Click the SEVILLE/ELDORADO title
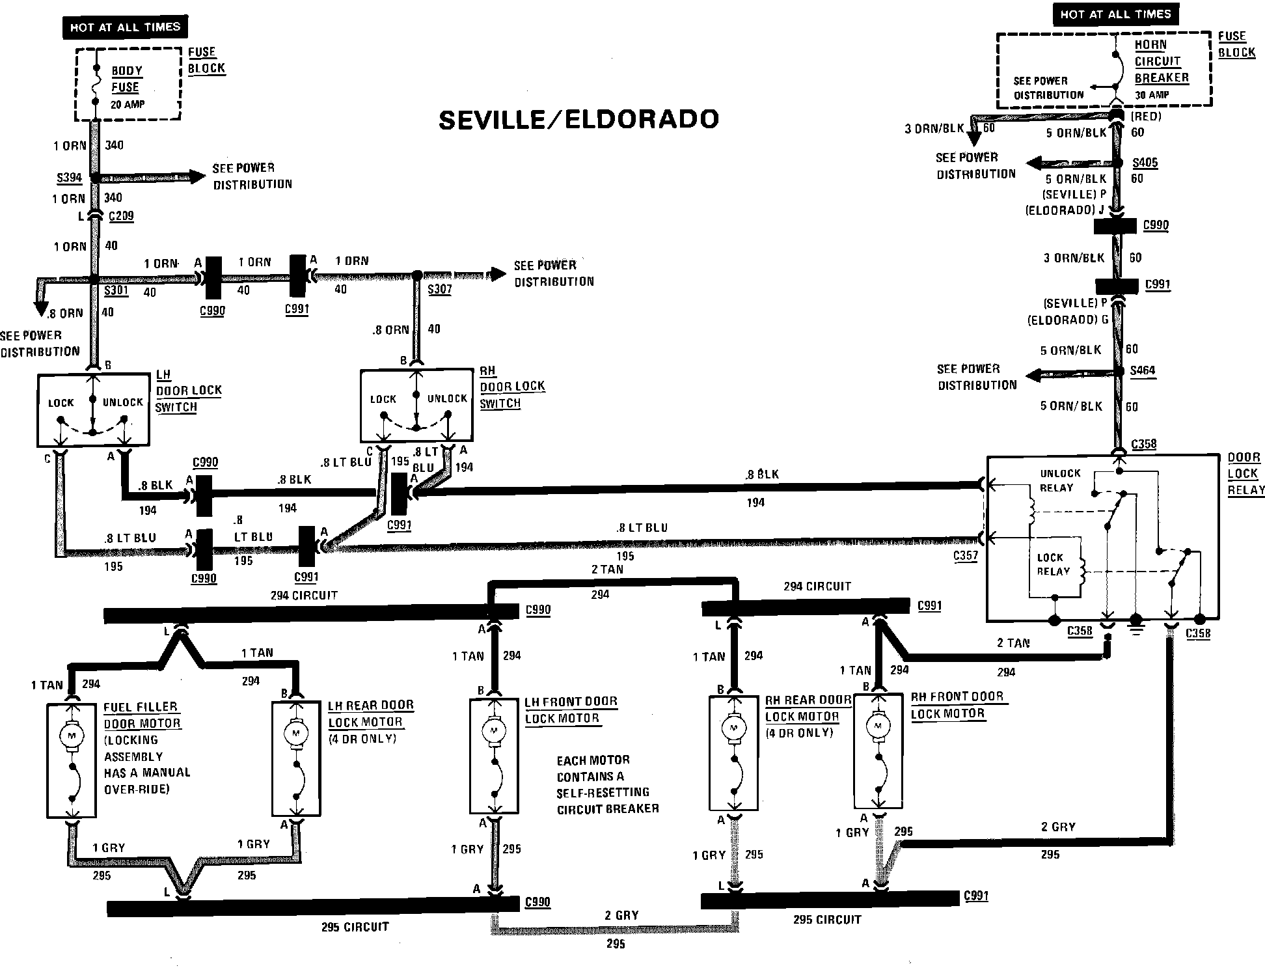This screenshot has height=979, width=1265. pyautogui.click(x=578, y=120)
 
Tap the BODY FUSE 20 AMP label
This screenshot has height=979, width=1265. pyautogui.click(x=127, y=87)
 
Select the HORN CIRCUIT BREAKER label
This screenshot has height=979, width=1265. pyautogui.click(x=1161, y=61)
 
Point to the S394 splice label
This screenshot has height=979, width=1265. pyautogui.click(x=69, y=178)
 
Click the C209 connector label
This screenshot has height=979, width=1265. pyautogui.click(x=121, y=215)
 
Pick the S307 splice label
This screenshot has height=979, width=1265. pyautogui.click(x=439, y=289)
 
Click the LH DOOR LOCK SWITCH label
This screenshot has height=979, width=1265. pyautogui.click(x=188, y=391)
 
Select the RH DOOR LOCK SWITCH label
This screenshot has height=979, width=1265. pyautogui.click(x=511, y=387)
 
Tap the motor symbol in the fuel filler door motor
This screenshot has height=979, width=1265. pyautogui.click(x=72, y=736)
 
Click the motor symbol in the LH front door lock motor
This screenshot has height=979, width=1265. pyautogui.click(x=493, y=731)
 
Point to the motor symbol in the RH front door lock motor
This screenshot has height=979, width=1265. pyautogui.click(x=878, y=726)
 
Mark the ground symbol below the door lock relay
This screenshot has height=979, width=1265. pyautogui.click(x=1136, y=628)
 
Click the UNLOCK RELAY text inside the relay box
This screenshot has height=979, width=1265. pyautogui.click(x=1059, y=480)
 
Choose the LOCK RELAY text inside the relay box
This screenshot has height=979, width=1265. pyautogui.click(x=1052, y=564)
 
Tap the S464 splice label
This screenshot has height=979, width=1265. pyautogui.click(x=1143, y=370)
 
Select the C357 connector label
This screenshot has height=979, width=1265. pyautogui.click(x=966, y=556)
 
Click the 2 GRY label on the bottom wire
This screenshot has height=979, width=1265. pyautogui.click(x=621, y=915)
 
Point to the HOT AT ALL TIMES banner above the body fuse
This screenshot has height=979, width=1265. pyautogui.click(x=125, y=27)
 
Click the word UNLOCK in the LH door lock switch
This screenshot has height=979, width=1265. pyautogui.click(x=122, y=402)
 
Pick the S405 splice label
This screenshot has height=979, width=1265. pyautogui.click(x=1145, y=163)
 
